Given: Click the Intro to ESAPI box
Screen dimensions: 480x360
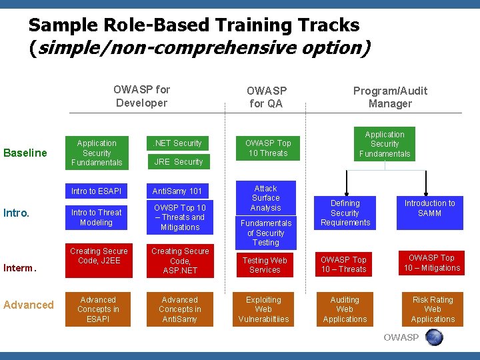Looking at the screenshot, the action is pos(96,191).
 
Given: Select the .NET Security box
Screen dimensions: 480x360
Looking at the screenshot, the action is pos(178,143).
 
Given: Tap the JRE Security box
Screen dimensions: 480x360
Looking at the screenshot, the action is pos(178,161).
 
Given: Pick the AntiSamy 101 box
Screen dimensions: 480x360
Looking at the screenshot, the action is pos(178,191).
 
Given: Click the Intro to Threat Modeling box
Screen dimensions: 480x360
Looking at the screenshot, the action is pos(96,217).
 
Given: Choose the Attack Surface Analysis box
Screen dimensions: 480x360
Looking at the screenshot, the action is pos(266,198).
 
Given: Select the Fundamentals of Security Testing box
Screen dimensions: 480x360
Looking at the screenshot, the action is pos(266,233).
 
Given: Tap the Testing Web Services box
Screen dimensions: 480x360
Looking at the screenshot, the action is pos(265,265).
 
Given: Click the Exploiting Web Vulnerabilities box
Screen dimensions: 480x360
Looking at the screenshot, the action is pos(264,309).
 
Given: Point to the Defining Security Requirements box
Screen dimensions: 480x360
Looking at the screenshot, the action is pos(345,213).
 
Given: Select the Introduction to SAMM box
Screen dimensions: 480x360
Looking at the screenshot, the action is pos(429,208).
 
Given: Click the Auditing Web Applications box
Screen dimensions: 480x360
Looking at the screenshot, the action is pos(345,309).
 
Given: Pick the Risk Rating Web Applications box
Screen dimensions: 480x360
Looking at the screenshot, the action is pos(433,309).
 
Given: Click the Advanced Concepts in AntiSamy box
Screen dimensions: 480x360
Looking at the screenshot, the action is pos(179,309).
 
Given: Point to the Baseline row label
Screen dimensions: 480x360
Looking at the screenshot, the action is pos(25,153).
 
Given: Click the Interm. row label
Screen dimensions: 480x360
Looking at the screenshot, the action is pos(19,268).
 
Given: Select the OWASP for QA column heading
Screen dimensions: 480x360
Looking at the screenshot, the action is pos(267,97).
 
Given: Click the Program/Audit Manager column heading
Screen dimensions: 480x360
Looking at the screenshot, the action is pos(390,97).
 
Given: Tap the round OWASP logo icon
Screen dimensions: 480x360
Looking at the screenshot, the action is pos(434,337).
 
